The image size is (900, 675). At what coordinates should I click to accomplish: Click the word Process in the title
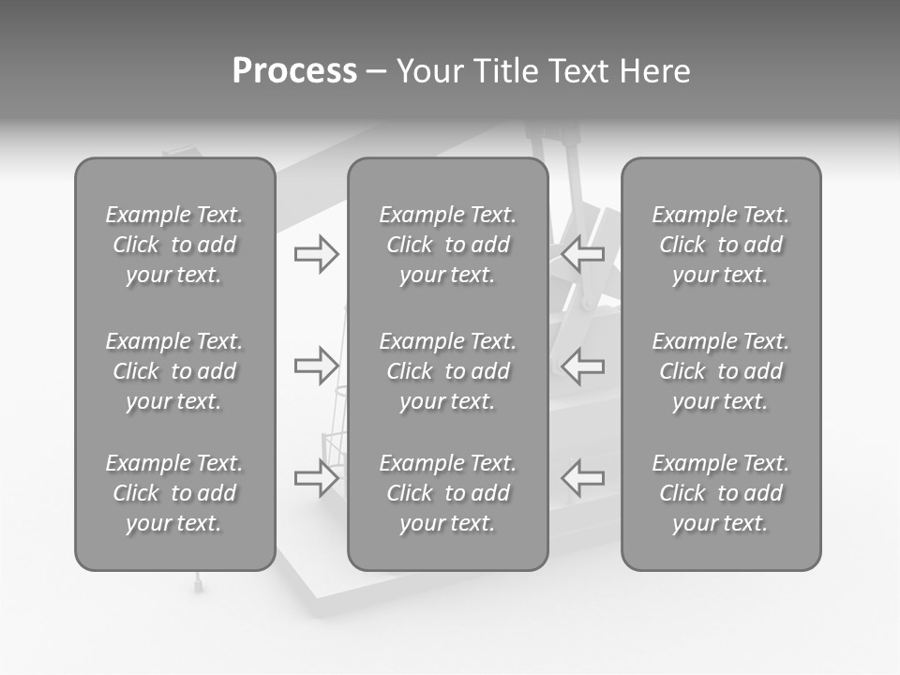294,71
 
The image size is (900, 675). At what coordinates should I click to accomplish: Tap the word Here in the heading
655,71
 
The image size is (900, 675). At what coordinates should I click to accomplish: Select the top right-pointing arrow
316,254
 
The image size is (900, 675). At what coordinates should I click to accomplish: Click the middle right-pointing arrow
316,365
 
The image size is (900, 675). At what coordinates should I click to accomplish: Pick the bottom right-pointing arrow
316,478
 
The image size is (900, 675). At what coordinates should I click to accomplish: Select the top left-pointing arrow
583,254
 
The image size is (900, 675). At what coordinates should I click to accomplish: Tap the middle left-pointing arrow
583,365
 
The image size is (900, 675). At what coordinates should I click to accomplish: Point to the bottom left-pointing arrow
583,478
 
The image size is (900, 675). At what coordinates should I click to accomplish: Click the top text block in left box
174,245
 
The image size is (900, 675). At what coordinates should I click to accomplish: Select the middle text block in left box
174,371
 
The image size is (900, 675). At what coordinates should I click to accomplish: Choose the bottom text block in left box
174,493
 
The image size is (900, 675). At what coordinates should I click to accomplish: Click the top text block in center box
447,245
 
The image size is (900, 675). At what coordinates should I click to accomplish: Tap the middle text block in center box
447,371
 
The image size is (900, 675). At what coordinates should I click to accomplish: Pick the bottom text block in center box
447,493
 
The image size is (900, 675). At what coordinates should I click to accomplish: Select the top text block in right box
720,245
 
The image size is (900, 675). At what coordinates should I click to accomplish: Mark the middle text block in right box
720,371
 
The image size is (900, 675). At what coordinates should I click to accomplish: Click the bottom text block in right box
720,493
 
